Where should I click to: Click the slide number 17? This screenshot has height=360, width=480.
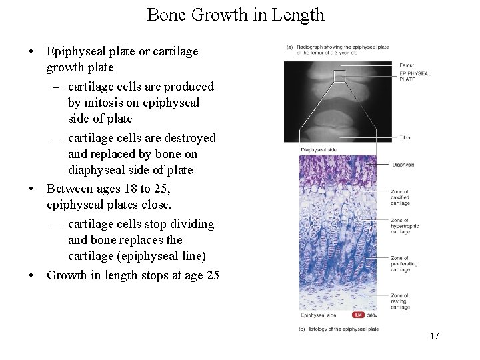point(434,336)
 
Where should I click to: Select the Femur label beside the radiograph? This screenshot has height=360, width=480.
point(407,65)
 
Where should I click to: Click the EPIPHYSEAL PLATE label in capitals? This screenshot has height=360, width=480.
point(415,76)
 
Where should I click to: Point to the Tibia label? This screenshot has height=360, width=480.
point(405,138)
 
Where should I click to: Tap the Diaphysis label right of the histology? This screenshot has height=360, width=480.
point(403,165)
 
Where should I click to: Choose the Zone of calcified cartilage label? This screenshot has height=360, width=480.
point(401,197)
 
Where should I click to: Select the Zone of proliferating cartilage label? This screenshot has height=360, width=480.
point(404,264)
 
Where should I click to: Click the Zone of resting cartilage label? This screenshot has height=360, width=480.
point(401,301)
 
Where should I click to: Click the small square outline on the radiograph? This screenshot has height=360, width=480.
point(339,76)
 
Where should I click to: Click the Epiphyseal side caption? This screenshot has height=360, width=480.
point(318,315)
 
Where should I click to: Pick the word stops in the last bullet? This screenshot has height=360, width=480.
point(161,275)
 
